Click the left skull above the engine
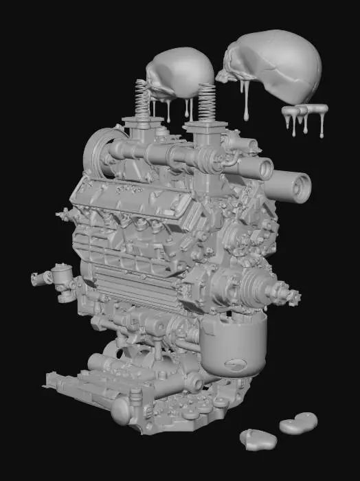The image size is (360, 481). click(180, 74)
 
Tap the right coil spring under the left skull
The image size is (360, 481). click(207, 102)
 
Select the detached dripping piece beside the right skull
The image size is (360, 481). click(304, 113)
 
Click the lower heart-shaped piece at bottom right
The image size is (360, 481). click(257, 438)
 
